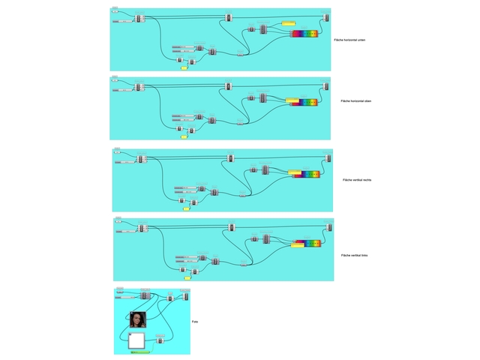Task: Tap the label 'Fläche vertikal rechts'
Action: coord(357,180)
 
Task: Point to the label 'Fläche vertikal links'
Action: coord(354,256)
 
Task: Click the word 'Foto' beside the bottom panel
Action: coord(194,322)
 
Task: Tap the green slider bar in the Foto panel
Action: coord(139,351)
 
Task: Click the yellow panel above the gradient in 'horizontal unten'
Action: coord(287,23)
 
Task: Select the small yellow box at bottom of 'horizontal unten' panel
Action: coord(184,67)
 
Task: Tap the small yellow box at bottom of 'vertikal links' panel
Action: coord(187,278)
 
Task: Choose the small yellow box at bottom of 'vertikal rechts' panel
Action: coord(186,208)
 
